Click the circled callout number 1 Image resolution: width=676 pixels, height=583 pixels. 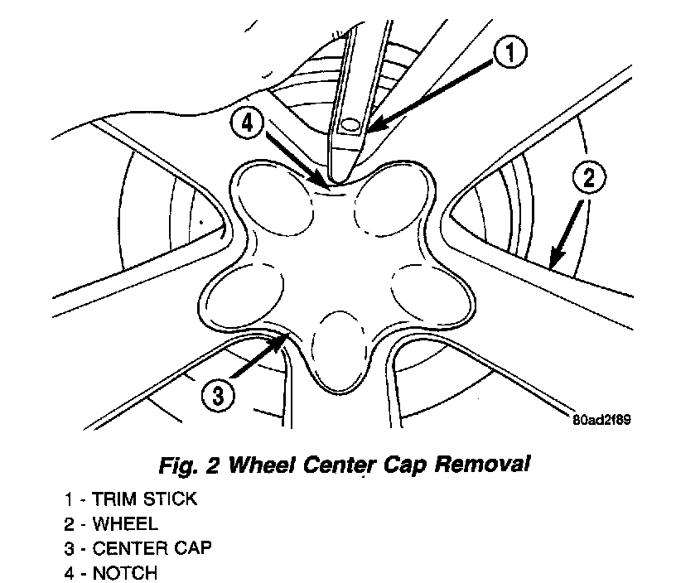point(510,54)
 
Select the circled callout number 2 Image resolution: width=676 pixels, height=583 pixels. point(587,177)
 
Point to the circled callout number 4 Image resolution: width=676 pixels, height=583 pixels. point(247,124)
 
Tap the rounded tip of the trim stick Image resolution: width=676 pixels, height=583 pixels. point(339,176)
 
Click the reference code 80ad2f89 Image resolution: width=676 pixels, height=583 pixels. point(602,419)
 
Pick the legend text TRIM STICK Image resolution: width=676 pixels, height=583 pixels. point(146,500)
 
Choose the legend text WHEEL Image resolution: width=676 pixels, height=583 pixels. point(124,524)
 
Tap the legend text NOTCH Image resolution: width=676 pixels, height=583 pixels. point(124,572)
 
